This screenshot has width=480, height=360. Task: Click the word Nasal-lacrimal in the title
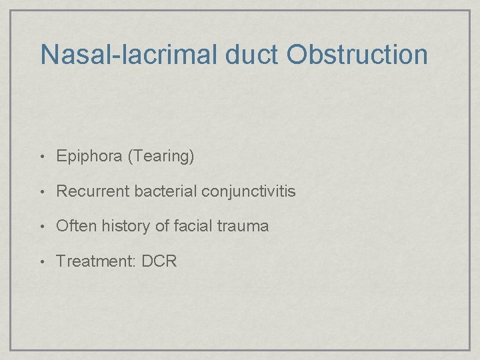129,55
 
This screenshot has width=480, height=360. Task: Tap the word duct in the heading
253,55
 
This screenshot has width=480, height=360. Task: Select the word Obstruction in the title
358,55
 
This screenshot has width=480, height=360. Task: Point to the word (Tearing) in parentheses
161,157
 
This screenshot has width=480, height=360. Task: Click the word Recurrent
93,191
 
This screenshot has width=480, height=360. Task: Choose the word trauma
243,226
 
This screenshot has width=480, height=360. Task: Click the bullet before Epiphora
43,157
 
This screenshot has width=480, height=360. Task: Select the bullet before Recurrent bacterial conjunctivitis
43,192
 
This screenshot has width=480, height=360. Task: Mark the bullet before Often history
43,227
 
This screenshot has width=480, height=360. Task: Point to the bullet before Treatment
43,261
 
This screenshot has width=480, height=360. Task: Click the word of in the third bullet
162,226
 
